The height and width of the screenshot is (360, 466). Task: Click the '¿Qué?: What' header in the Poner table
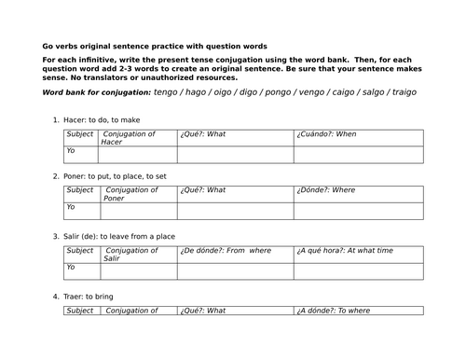click(x=204, y=190)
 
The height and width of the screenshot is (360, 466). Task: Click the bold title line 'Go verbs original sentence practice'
click(x=155, y=46)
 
